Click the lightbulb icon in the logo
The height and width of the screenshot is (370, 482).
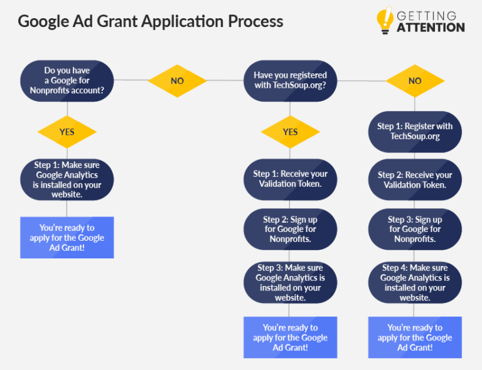click(384, 21)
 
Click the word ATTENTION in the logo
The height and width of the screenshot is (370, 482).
click(431, 28)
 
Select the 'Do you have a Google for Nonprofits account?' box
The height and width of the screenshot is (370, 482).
click(67, 81)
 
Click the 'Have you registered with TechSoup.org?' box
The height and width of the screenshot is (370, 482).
click(290, 80)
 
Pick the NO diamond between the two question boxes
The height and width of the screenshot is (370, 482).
click(177, 81)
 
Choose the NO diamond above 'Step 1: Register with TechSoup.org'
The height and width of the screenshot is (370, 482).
click(415, 81)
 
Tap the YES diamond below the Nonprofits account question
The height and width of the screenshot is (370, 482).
click(67, 132)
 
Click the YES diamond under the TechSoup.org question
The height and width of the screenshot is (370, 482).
click(290, 132)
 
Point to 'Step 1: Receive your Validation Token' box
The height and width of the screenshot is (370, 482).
click(290, 179)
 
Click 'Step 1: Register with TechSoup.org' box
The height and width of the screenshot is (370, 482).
click(415, 131)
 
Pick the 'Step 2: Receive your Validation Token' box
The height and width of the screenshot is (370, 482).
click(415, 180)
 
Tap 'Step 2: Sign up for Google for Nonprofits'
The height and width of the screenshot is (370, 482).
click(290, 229)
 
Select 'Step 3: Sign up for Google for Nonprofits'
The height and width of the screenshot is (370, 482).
click(415, 229)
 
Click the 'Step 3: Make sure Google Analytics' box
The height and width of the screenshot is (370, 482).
click(290, 283)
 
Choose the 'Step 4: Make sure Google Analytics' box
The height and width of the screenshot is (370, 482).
click(415, 283)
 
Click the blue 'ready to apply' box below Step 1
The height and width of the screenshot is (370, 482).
click(67, 237)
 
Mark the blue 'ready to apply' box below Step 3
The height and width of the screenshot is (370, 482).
click(290, 337)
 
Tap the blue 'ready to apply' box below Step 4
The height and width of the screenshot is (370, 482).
click(415, 337)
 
